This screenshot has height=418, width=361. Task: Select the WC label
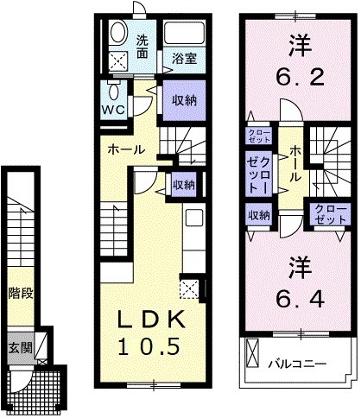115,110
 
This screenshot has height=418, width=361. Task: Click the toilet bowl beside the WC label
115,92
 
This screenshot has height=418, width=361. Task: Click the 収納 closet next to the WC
183,100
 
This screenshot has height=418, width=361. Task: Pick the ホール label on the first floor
125,149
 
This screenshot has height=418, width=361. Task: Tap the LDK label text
150,320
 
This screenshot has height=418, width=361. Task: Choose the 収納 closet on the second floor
259,215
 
